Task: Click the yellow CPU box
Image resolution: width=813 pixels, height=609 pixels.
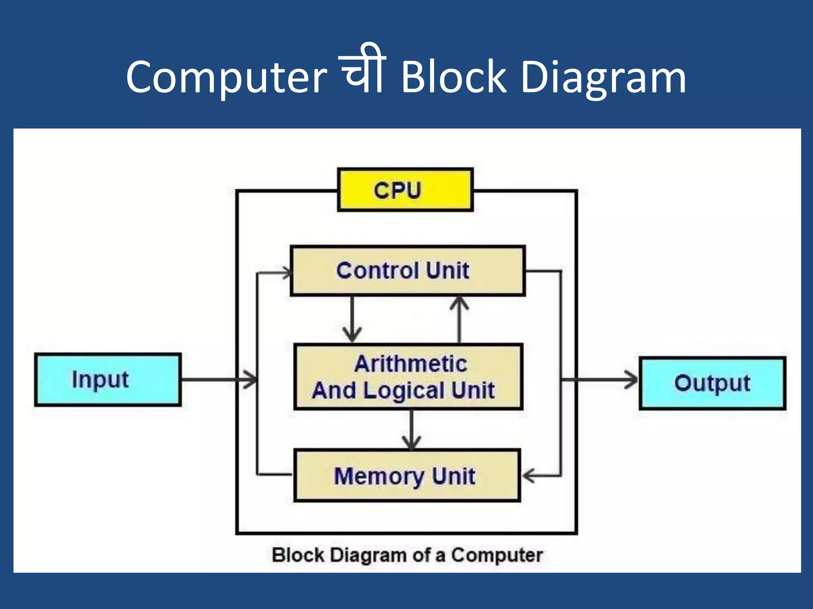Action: coord(405,190)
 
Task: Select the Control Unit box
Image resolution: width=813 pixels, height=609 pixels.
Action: coord(407,271)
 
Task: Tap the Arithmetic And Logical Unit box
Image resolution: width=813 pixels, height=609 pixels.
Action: coord(408,377)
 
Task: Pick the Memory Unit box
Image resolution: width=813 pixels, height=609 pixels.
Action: coord(406,475)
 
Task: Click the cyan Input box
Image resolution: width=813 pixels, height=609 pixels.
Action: coord(108,380)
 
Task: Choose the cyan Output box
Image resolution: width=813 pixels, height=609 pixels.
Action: coord(713,383)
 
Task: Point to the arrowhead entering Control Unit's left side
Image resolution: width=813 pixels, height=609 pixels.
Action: coord(287,273)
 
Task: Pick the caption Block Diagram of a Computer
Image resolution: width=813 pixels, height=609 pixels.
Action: coord(407,555)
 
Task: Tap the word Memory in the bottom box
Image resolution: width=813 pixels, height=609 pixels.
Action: coord(379,476)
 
